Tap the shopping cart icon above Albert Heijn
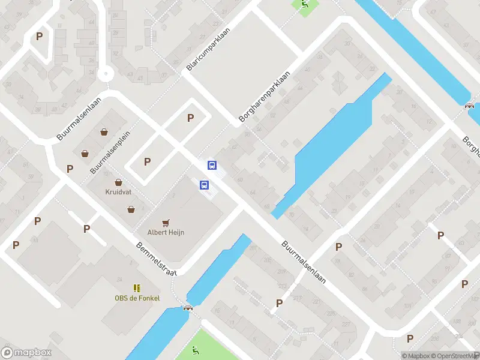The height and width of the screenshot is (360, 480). [166, 222]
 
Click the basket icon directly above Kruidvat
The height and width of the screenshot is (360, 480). [118, 182]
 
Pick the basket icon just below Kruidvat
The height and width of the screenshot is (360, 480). [131, 209]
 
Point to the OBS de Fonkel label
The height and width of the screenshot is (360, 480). [137, 298]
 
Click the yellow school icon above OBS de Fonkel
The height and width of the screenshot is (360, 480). [137, 288]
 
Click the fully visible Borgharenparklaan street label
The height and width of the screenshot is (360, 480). [264, 97]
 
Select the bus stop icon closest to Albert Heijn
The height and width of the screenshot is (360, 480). [204, 185]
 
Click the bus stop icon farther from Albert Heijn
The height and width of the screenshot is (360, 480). [212, 165]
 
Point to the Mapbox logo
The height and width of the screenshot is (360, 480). [26, 353]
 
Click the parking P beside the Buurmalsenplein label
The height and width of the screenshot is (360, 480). [147, 161]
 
